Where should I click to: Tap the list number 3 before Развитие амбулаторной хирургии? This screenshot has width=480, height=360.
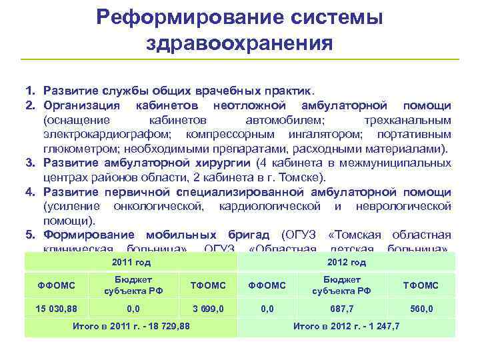(x=29, y=163)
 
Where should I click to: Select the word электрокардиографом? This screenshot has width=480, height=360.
(x=99, y=134)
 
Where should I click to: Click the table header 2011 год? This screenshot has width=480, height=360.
(x=131, y=262)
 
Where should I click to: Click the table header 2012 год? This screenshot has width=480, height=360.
(x=347, y=262)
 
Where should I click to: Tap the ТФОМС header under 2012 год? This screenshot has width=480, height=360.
(x=421, y=285)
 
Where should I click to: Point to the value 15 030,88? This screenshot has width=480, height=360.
(x=57, y=309)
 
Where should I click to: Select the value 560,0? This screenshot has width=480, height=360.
(x=421, y=309)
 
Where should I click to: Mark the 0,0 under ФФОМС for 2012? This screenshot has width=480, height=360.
(x=267, y=309)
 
